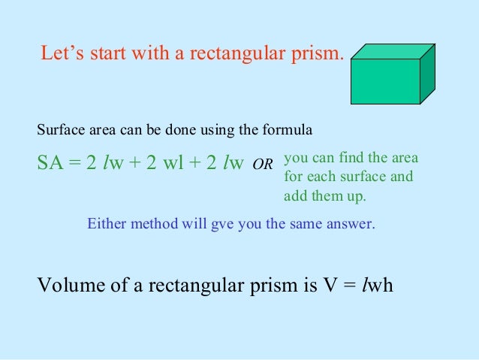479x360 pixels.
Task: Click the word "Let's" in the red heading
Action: (59, 54)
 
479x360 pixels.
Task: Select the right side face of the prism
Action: (427, 71)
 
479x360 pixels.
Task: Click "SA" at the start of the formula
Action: (49, 162)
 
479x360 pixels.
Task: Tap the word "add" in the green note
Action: (295, 197)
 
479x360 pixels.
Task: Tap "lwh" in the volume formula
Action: (377, 286)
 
